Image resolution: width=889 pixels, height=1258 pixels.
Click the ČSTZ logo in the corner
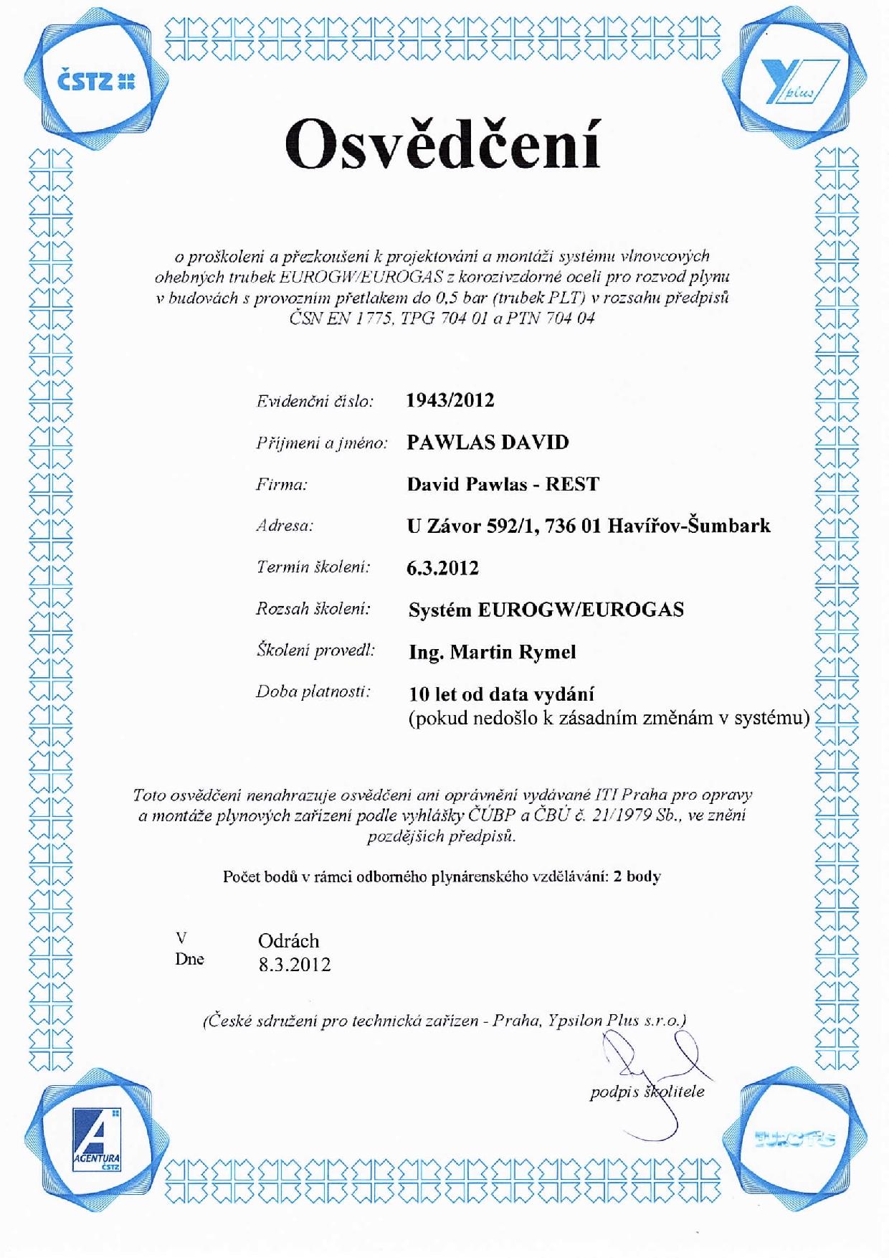[96, 82]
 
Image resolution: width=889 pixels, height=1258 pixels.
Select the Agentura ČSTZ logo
[97, 1140]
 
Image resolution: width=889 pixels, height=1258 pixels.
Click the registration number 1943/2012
[450, 400]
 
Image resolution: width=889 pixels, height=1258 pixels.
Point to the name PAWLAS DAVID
[488, 442]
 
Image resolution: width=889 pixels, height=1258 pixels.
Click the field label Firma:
[282, 484]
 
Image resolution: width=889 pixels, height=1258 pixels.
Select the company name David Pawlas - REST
[503, 484]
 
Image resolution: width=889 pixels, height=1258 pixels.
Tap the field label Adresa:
[285, 526]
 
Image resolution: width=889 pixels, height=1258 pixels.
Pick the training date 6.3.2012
[442, 568]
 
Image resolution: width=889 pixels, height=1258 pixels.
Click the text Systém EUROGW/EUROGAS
[546, 610]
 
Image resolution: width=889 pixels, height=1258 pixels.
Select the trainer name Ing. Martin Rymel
[492, 652]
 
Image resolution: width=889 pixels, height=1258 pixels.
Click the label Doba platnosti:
[313, 692]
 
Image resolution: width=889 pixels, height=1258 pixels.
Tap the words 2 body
[637, 876]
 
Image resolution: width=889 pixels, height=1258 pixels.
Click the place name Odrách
[288, 941]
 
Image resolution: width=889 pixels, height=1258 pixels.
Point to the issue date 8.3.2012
[295, 965]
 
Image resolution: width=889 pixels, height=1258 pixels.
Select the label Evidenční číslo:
[315, 401]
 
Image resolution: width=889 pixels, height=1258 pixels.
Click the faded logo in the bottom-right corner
[795, 1139]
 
